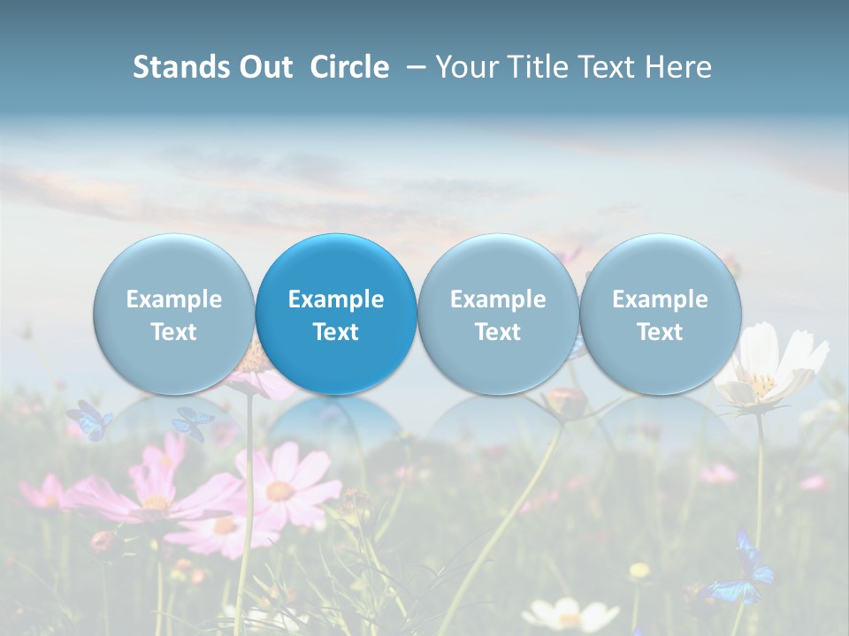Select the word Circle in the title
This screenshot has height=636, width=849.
coord(349,67)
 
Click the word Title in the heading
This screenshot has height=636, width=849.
coord(545,67)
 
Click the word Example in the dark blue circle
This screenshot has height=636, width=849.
coord(336,299)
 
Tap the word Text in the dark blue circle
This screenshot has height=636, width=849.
coord(336,332)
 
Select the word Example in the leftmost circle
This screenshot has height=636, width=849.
coord(174,299)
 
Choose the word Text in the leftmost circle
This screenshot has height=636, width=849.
coord(174,332)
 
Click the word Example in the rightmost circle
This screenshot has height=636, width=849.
coord(660,299)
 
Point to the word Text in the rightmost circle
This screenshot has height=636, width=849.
coord(660,332)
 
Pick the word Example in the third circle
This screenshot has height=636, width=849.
coord(498,299)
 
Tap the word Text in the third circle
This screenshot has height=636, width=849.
coord(498,332)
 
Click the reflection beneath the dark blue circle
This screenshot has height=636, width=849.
coord(336,424)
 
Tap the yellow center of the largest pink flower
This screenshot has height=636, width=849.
coord(280,491)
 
